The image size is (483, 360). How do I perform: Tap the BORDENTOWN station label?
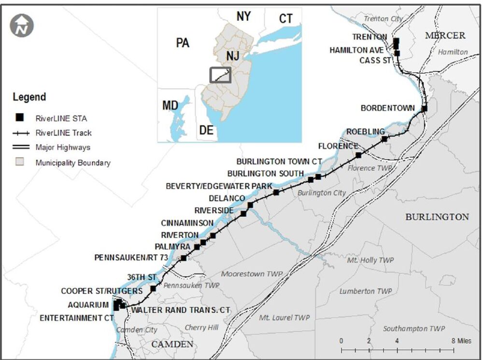click(387, 109)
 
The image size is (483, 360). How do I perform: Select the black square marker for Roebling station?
click(384, 139)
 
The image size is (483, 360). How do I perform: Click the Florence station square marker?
click(358, 155)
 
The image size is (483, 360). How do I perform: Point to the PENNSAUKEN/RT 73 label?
click(131, 258)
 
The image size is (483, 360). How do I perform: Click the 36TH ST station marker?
click(153, 289)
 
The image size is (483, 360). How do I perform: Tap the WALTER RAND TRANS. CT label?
click(181, 310)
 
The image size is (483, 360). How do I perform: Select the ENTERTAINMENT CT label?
click(76, 318)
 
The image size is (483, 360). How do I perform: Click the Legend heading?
click(29, 97)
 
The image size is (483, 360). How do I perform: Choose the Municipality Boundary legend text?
click(72, 163)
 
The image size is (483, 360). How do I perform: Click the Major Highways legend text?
click(63, 147)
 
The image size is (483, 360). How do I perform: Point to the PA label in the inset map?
click(183, 43)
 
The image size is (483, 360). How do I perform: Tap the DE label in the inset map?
click(206, 130)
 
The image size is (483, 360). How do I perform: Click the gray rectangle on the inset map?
click(220, 75)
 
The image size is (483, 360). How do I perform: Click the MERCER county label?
click(445, 35)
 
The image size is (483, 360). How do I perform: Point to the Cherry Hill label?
click(201, 327)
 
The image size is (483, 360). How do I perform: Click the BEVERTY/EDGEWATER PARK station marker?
click(276, 193)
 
